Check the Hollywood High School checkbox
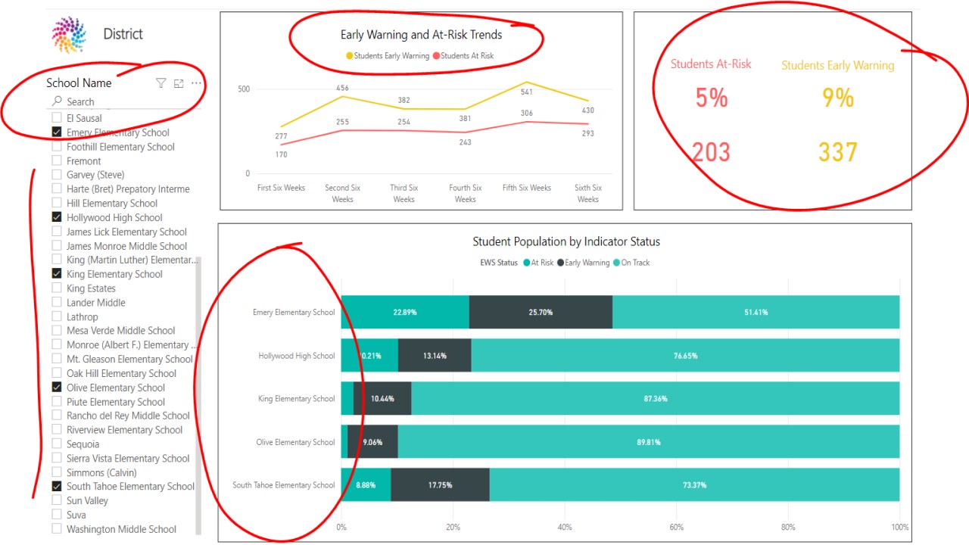(57, 217)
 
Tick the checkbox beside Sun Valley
(57, 500)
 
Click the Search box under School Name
(114, 101)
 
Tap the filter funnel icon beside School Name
(160, 83)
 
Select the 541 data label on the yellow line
(527, 92)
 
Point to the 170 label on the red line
(282, 154)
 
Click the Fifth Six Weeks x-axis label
(527, 188)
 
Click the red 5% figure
(711, 98)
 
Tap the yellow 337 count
(837, 152)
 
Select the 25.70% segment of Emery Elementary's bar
(541, 312)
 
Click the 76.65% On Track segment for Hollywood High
(685, 356)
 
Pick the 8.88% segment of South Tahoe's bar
(366, 485)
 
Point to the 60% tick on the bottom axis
(677, 528)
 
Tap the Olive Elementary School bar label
(295, 442)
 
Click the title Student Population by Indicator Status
(566, 241)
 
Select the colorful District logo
(69, 34)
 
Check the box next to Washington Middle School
(57, 529)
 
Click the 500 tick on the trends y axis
(243, 89)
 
